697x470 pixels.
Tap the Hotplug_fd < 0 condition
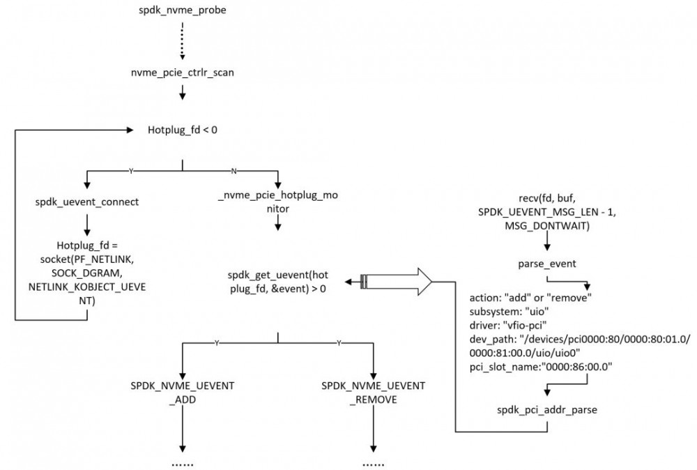pos(182,130)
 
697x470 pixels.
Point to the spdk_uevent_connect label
pos(87,202)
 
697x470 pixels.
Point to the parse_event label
pos(547,265)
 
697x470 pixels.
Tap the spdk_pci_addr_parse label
pos(547,409)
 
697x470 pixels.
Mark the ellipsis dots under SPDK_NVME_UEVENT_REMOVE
pos(374,463)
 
